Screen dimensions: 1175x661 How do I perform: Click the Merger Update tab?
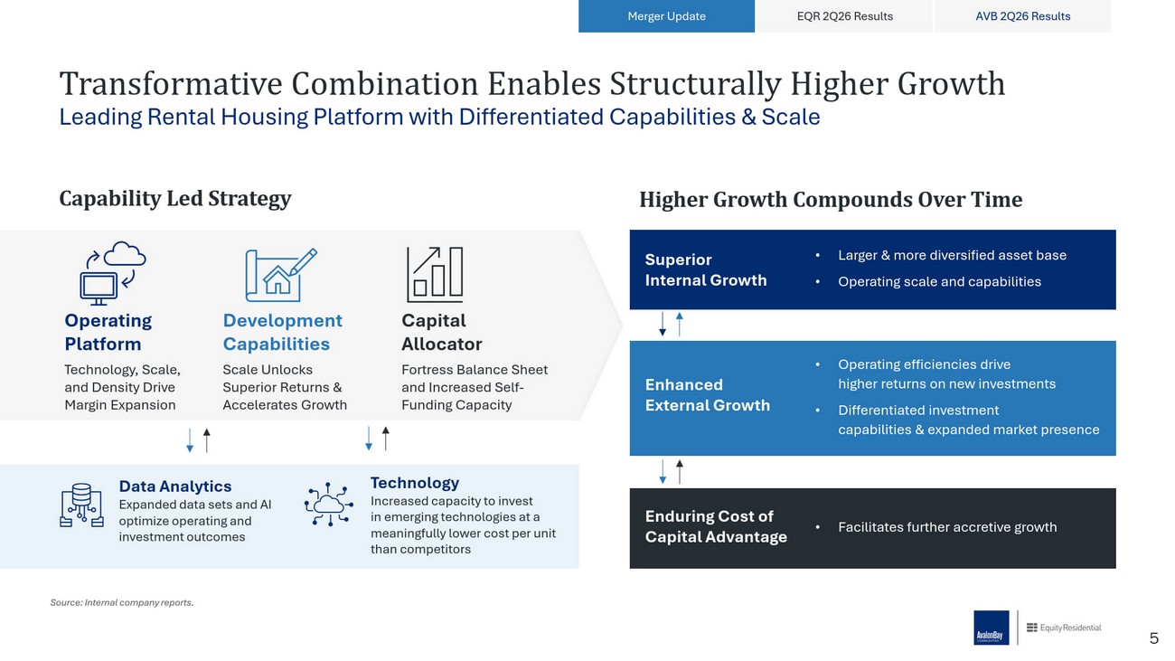coord(666,16)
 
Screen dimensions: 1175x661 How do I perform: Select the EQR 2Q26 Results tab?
coord(844,16)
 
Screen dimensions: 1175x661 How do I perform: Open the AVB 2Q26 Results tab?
coord(1022,16)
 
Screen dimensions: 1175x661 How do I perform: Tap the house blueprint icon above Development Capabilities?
coord(281,274)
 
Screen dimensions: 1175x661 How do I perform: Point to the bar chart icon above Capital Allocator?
coord(435,274)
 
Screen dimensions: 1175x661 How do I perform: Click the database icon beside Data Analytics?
coord(81,505)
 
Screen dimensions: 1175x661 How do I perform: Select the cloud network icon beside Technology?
coord(328,505)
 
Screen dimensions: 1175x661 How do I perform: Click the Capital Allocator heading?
coord(441,332)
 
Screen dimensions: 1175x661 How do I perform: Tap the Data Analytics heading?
coord(175,486)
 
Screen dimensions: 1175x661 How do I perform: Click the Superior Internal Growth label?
coord(706,269)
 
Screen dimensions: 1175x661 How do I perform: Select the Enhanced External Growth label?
coord(707,395)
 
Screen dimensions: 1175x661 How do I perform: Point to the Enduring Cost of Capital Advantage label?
coord(716,526)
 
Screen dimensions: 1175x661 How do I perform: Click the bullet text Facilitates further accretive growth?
coord(947,526)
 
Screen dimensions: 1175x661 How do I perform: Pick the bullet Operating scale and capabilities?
coord(939,282)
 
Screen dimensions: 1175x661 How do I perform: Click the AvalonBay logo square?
coord(991,628)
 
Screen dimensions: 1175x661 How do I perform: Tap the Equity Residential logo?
coord(1064,628)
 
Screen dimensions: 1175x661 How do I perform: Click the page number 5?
coord(1153,638)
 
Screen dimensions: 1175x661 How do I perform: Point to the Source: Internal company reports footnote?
coord(122,603)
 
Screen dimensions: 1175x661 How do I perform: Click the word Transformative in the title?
coord(171,83)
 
